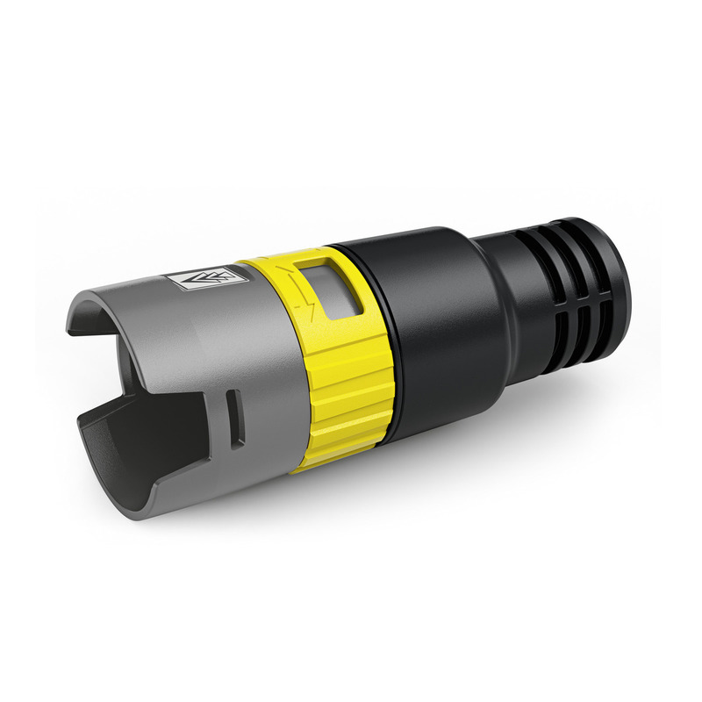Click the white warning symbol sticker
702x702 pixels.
pos(202,280)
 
